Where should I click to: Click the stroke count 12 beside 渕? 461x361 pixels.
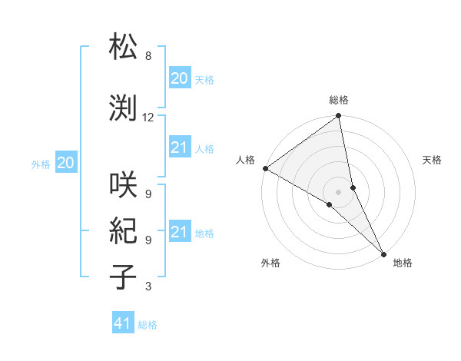[x=148, y=118]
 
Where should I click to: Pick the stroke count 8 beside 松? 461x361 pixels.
[x=148, y=56]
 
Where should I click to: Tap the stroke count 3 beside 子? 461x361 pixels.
[x=148, y=286]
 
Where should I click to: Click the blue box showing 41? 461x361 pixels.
[x=123, y=323]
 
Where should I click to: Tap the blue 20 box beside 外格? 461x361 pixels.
[x=66, y=163]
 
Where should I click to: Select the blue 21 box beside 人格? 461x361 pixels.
[x=179, y=147]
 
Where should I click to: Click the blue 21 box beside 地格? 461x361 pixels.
[x=179, y=232]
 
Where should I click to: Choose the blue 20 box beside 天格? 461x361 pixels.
[x=179, y=78]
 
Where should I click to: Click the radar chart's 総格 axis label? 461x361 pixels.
[x=339, y=100]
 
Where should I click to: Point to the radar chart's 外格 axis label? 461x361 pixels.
[x=270, y=263]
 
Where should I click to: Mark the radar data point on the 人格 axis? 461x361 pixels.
[x=265, y=168]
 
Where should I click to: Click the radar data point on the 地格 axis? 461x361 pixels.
[x=383, y=253]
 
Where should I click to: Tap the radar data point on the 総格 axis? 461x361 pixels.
[x=339, y=117]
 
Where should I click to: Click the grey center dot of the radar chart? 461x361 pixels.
[x=339, y=191]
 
